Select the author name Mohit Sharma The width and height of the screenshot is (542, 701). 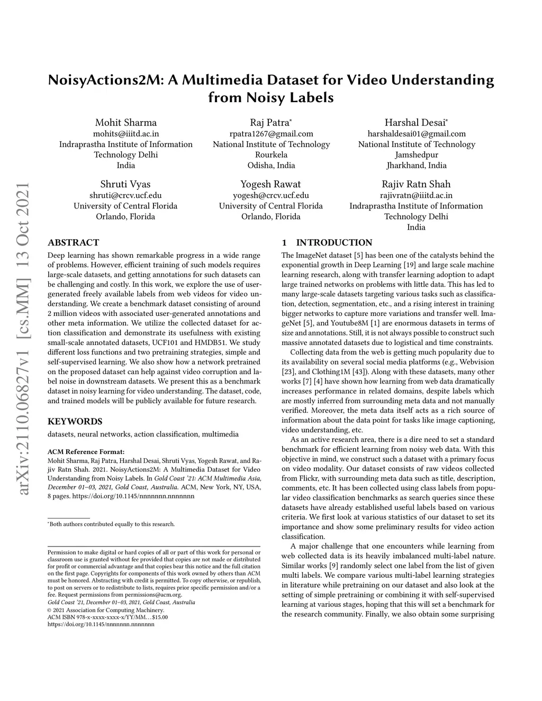[x=126, y=123]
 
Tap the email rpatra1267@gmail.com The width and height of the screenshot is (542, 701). [x=271, y=134]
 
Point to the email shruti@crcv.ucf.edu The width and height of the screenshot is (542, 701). [x=125, y=195]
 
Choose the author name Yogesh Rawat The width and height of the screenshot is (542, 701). [x=270, y=184]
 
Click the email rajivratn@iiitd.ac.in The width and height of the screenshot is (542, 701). [x=416, y=195]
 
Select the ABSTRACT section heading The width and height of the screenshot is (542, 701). [x=73, y=243]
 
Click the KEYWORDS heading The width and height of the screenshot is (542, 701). [x=75, y=422]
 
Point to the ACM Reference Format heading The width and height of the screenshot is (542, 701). [x=86, y=452]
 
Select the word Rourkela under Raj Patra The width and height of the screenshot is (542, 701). [x=271, y=155]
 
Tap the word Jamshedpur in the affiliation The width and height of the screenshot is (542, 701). [x=416, y=155]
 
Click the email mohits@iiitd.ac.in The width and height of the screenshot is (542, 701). [x=126, y=134]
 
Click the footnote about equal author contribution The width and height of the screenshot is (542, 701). [x=111, y=524]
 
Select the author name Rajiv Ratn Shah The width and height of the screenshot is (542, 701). [x=416, y=184]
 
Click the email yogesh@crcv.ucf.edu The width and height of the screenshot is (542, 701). [x=271, y=195]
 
